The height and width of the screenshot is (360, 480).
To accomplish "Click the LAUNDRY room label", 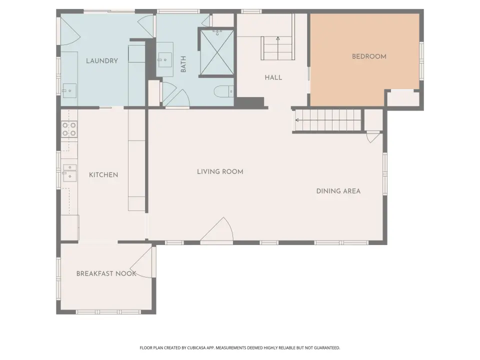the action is [x=102, y=61].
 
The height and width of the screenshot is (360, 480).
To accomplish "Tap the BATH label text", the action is [x=183, y=64].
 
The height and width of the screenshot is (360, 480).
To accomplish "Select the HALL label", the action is [x=273, y=77].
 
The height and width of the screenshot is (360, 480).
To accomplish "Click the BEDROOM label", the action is [x=369, y=56].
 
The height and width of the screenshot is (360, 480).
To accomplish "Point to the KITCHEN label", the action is [x=103, y=175].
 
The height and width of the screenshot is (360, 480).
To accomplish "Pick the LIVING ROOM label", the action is [x=220, y=171].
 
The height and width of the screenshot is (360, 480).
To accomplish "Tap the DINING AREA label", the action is [x=338, y=191].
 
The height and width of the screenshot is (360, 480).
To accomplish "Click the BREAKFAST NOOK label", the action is [x=106, y=273].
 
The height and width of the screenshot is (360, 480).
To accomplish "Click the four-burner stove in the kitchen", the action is [x=69, y=129].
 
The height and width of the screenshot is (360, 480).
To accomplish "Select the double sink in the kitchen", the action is [x=70, y=173].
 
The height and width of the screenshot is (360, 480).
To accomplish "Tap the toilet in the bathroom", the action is [x=224, y=91].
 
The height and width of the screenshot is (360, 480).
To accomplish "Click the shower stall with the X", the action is [x=217, y=52].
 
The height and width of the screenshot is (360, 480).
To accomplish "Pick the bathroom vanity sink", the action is [x=164, y=59].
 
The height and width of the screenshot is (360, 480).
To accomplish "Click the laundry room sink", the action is [x=69, y=91].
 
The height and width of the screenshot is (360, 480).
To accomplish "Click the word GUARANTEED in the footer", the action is [x=328, y=348].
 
